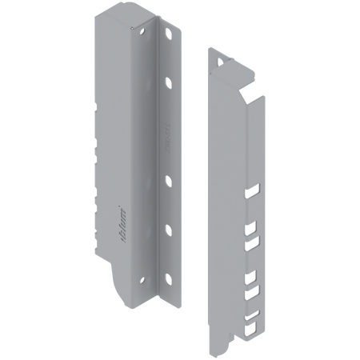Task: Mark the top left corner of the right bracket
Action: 208,46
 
